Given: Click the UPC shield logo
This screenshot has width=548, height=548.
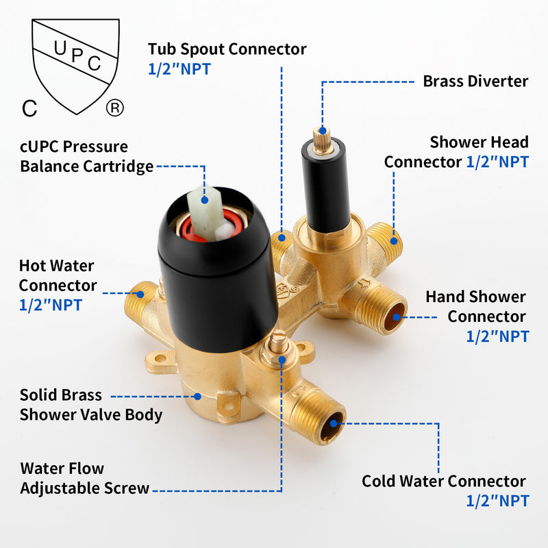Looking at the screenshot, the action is tap(75, 66).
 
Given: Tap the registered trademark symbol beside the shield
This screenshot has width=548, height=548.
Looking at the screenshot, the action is tap(115, 108).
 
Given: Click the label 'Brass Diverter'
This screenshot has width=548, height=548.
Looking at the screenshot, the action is tap(475, 82).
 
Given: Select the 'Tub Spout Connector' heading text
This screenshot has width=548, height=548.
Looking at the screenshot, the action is tap(227, 49).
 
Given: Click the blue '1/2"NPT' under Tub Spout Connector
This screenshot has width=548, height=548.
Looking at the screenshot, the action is tap(179, 69).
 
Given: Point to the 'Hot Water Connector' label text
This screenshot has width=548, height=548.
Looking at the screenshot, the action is tap(58, 275).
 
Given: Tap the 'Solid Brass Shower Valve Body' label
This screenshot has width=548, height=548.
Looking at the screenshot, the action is tap(91, 405).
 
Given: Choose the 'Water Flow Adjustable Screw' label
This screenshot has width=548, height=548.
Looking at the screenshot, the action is tap(84, 478).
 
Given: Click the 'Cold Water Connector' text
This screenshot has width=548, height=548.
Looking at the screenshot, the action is tap(444, 482).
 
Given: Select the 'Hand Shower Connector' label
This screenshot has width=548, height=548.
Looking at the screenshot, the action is tap(476, 306).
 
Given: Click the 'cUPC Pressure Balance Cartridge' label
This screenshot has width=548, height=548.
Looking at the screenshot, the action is tap(87, 156).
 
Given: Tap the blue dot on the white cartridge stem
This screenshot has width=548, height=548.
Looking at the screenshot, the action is tap(205, 200).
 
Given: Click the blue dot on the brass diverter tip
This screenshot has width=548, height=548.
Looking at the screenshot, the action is tap(323, 131).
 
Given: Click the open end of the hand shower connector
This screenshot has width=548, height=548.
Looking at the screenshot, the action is tap(395, 317).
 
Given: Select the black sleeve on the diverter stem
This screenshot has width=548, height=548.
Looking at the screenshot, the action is tap(326, 184).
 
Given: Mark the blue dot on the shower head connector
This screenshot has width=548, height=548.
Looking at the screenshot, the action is tap(394, 241).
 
